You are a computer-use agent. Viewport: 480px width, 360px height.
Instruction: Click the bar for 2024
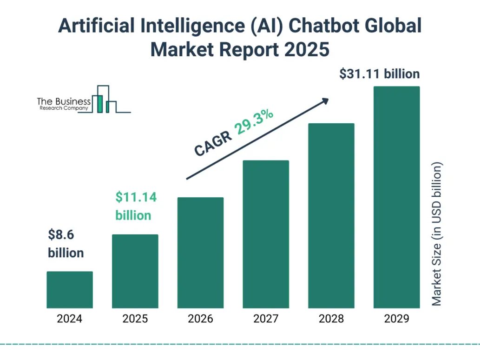point(70,289)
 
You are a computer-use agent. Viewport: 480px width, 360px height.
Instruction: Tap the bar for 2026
point(200,253)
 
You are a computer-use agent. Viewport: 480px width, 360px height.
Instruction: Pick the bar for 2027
point(266,234)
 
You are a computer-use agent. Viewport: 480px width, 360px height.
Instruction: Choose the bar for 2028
point(331,215)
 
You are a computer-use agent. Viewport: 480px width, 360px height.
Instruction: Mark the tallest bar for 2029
point(397,197)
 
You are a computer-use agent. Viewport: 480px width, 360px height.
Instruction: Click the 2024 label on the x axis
point(70,319)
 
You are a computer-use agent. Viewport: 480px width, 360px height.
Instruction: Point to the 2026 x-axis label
point(200,319)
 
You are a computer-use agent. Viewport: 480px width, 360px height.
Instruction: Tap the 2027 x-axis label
point(266,319)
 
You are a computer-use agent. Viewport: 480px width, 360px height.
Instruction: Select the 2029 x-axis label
point(397,319)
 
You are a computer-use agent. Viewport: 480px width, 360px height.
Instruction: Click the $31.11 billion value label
point(379,74)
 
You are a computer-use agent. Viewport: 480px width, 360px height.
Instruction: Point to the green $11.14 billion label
point(135,206)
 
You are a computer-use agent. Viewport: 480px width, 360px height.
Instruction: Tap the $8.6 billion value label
point(66,244)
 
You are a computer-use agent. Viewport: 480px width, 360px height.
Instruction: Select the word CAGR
point(213,144)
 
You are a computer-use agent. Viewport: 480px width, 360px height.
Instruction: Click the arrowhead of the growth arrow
point(325,101)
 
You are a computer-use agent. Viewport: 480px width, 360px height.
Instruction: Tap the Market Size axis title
point(437,234)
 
